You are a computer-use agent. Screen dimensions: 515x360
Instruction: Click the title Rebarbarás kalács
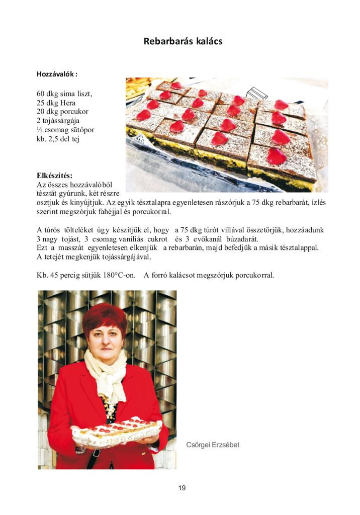click(x=183, y=41)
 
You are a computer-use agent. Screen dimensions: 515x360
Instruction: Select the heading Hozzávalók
click(x=57, y=74)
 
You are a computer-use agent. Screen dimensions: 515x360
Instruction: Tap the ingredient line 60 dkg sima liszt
click(x=64, y=94)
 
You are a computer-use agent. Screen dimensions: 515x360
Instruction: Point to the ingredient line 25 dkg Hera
click(x=56, y=103)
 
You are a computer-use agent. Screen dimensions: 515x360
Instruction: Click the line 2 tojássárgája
click(x=58, y=121)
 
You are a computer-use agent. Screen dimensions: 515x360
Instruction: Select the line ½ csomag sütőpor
click(x=65, y=130)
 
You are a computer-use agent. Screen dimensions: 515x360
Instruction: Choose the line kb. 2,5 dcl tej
click(x=58, y=139)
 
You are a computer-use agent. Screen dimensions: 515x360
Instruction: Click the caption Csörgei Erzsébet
click(x=213, y=445)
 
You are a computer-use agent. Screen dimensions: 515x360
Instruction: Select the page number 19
click(x=182, y=487)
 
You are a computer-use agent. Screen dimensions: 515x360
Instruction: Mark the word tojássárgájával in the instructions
click(x=124, y=257)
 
